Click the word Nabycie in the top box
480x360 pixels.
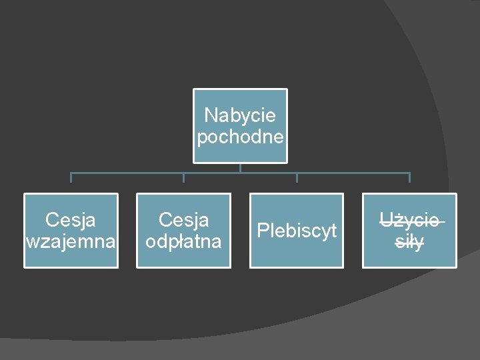tap(240, 115)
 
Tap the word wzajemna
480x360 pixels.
tap(71, 241)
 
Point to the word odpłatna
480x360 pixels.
tap(183, 241)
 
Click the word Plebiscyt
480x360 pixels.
tap(297, 231)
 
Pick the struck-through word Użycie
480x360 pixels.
tap(409, 219)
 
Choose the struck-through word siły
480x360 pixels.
tap(409, 242)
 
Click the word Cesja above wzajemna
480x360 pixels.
tap(71, 219)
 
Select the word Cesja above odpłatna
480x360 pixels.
tap(183, 219)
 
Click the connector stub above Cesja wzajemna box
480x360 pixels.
tap(71, 178)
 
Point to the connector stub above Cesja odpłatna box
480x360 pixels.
tap(183, 178)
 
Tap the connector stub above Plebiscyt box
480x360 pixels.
tap(297, 178)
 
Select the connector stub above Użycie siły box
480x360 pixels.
tap(409, 178)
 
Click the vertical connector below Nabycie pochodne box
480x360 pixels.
tap(240, 168)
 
